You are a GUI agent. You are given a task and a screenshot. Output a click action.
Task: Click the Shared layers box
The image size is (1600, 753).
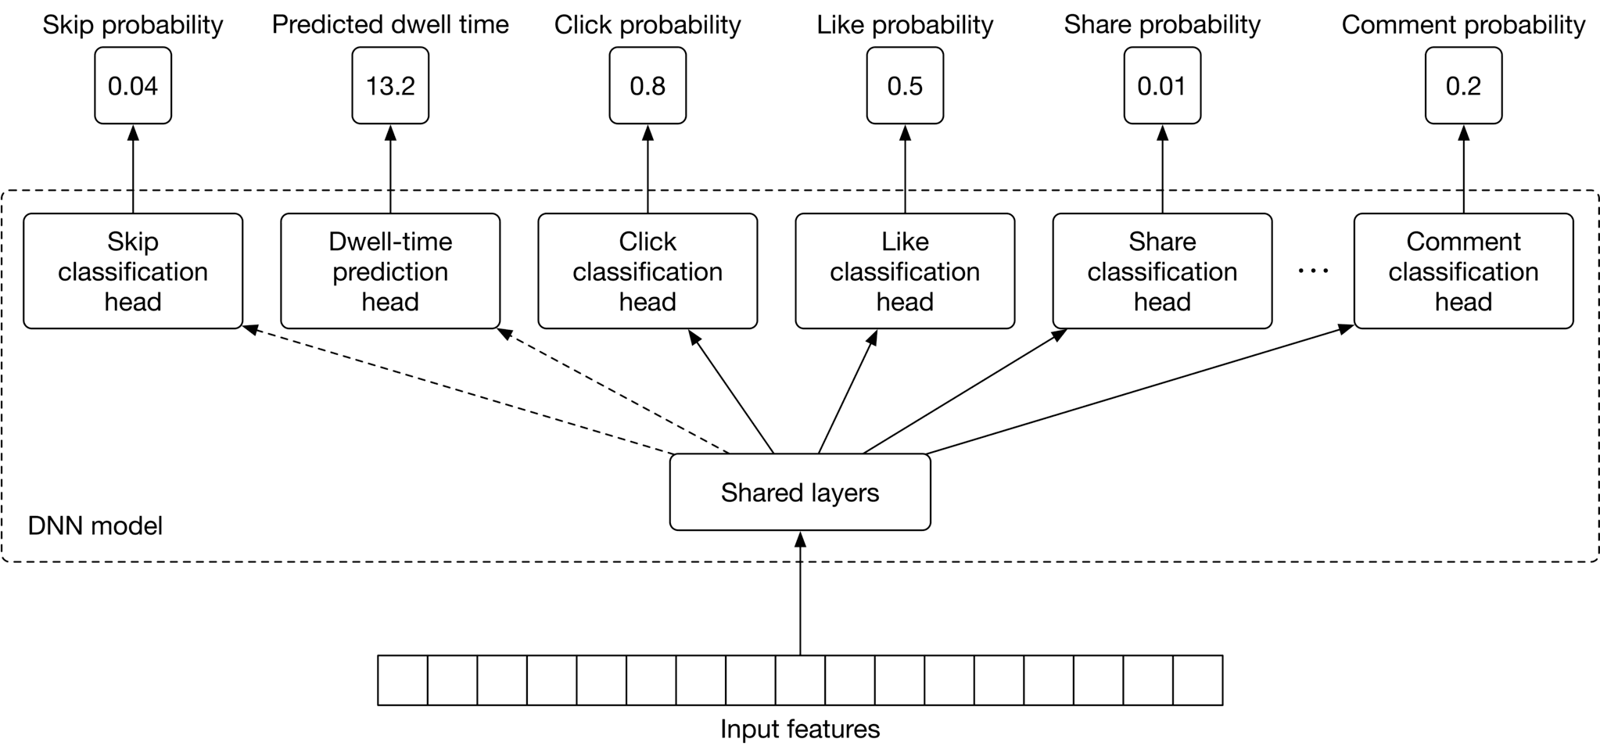(x=799, y=492)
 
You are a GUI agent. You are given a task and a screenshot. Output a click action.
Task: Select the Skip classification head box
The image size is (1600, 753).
(x=133, y=271)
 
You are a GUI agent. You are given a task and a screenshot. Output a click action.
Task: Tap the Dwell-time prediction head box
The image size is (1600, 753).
(x=389, y=271)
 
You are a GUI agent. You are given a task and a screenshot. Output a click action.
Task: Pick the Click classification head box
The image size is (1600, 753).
(x=648, y=271)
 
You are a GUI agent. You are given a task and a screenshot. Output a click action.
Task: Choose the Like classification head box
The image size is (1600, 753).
(x=905, y=271)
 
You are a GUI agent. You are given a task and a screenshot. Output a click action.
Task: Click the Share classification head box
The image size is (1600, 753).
(x=1162, y=271)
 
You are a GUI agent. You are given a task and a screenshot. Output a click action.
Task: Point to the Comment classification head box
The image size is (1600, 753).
(x=1463, y=271)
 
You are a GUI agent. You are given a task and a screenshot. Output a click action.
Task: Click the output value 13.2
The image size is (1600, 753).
(x=390, y=85)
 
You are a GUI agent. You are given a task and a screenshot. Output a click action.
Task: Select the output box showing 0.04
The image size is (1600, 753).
(x=133, y=85)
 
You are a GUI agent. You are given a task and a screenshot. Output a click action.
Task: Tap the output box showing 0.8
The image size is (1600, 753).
(x=648, y=85)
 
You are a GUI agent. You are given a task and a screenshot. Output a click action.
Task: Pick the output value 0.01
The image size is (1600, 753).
(x=1162, y=85)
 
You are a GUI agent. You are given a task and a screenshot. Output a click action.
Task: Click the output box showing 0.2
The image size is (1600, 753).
(x=1463, y=85)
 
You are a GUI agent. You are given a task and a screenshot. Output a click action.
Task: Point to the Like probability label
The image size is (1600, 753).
(x=905, y=25)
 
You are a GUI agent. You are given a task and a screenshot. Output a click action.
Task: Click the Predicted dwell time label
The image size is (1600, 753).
(x=390, y=25)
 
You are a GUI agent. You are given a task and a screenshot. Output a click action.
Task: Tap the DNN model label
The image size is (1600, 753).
(x=95, y=525)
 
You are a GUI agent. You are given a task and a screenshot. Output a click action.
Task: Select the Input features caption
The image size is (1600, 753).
(x=799, y=729)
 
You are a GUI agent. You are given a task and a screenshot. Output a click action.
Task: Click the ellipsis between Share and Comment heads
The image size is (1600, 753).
(x=1313, y=271)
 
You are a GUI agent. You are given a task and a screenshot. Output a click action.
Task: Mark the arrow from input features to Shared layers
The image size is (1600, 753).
(x=800, y=594)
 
